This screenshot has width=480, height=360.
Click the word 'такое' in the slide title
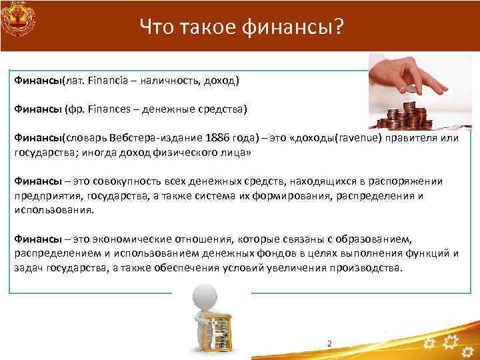(201, 27)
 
